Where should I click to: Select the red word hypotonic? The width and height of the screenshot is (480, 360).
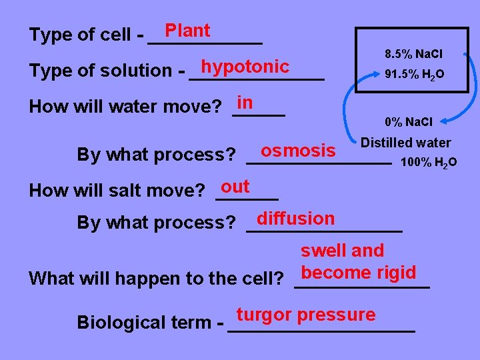point(245,67)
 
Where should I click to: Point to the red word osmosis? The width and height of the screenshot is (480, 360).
point(298,150)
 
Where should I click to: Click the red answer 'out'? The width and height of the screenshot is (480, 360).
point(235,186)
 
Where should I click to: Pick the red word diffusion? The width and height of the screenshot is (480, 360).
point(295,218)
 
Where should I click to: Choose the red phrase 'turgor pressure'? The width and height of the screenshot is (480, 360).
point(306,315)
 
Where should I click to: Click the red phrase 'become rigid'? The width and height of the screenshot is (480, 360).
point(359,273)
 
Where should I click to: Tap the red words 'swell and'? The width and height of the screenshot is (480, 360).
point(342,251)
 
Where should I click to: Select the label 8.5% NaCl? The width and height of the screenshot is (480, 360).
point(413,53)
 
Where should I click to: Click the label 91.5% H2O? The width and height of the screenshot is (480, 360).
point(413,75)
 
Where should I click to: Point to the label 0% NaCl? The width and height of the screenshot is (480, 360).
point(409,122)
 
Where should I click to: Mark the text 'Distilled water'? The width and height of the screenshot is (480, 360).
point(405,143)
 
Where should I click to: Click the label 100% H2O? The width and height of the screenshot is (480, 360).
point(428,162)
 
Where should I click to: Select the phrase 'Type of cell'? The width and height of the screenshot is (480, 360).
point(80,35)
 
